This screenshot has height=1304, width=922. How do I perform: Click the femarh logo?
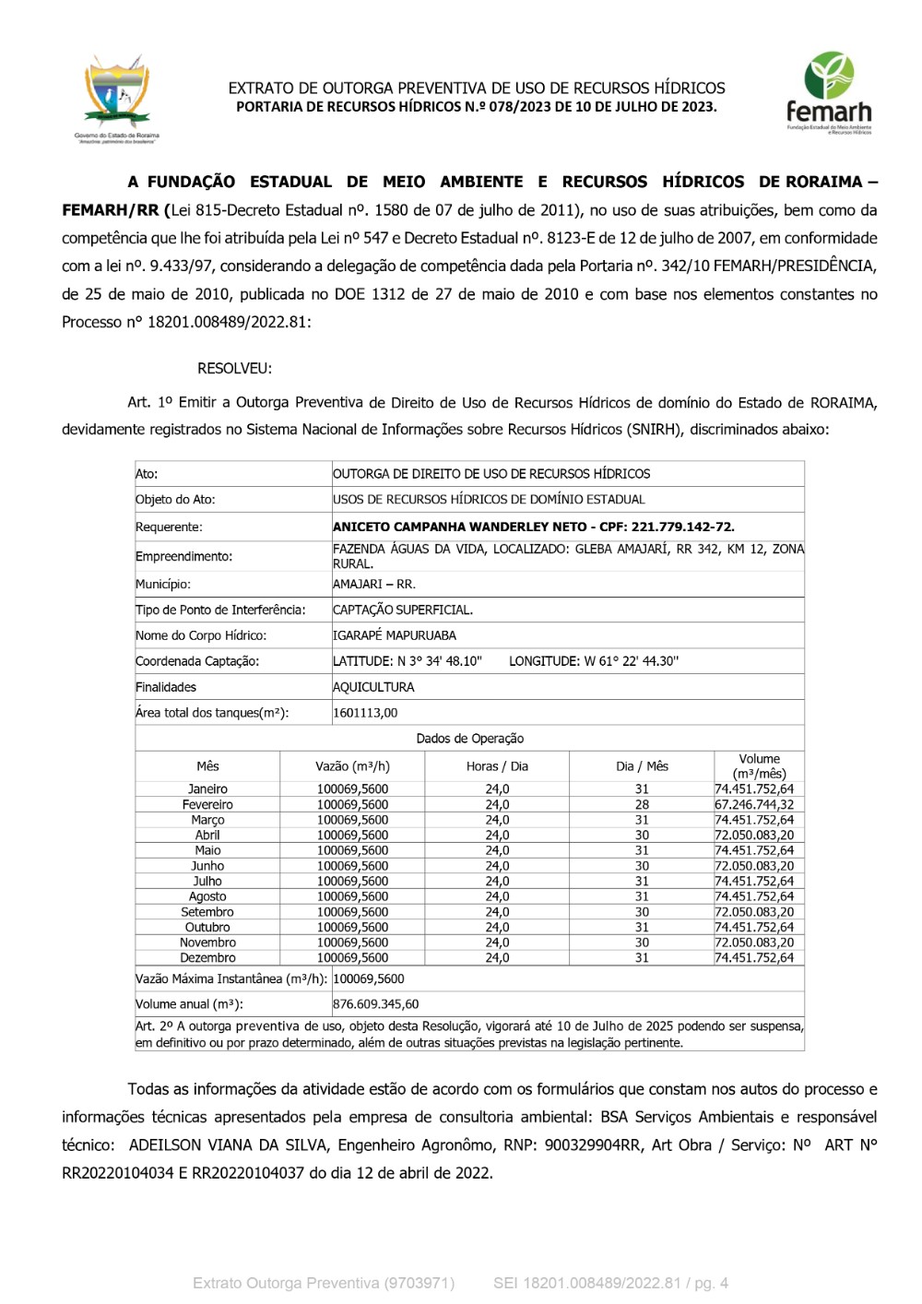click(x=828, y=94)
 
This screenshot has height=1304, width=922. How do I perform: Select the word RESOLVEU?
click(x=234, y=368)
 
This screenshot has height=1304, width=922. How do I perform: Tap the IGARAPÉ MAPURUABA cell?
click(x=395, y=635)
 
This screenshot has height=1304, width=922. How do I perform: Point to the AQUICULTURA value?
click(x=373, y=687)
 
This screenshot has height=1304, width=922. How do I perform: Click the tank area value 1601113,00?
click(x=365, y=713)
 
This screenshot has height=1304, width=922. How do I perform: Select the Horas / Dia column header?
click(x=497, y=766)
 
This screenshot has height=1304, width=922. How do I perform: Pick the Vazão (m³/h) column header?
click(x=352, y=766)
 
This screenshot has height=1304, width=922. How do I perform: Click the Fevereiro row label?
click(x=207, y=805)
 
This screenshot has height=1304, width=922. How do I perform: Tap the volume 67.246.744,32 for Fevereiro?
click(x=753, y=805)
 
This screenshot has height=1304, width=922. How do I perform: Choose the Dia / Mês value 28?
click(x=642, y=805)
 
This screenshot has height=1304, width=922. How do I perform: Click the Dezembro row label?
click(x=207, y=958)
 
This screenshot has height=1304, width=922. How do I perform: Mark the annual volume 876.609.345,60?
click(x=375, y=1004)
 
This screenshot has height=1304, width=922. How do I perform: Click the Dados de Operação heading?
click(x=469, y=739)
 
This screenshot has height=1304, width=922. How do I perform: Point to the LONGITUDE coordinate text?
click(x=593, y=661)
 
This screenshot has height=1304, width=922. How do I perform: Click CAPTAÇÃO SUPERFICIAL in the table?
click(x=402, y=610)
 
